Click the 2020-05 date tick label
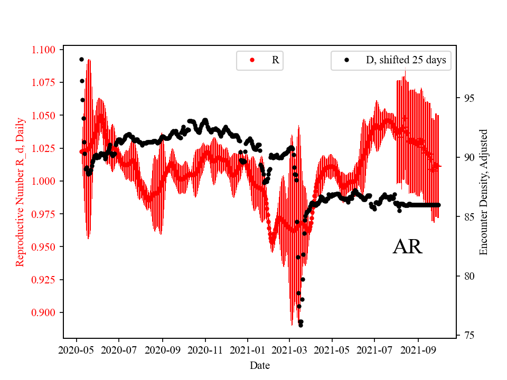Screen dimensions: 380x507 [x=77, y=349]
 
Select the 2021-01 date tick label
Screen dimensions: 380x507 [x=247, y=349]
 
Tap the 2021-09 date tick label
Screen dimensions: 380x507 [x=418, y=349]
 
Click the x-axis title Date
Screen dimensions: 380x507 [x=260, y=365]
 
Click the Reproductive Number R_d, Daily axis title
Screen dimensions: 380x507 [x=20, y=192]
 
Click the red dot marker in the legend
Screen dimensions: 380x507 [x=252, y=60]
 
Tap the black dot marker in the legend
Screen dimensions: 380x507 [x=347, y=60]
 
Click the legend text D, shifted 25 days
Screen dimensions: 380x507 [x=406, y=60]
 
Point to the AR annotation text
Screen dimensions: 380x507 [x=407, y=247]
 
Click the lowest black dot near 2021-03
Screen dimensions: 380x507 [x=301, y=325]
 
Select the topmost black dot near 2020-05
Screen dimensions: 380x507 [x=81, y=59]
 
